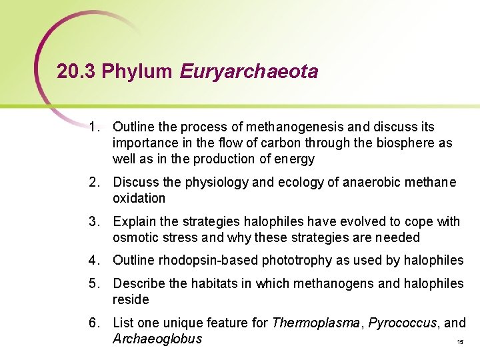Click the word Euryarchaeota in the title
[249, 72]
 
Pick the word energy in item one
[297, 159]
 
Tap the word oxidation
[139, 198]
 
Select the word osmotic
[134, 237]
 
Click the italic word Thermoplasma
[317, 323]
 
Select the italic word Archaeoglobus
[157, 339]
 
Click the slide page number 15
[460, 342]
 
